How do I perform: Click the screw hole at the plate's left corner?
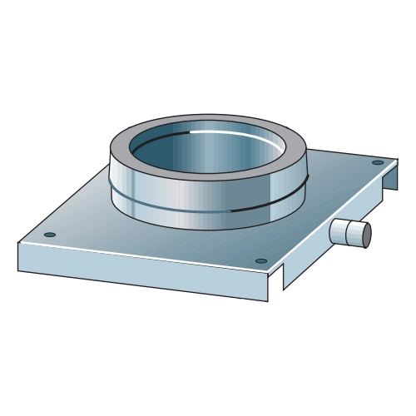point(50,235)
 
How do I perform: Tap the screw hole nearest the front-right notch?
point(261,261)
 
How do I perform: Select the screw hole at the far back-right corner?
point(378,162)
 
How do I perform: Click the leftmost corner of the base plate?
point(18,242)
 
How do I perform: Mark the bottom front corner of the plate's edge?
point(268,300)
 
